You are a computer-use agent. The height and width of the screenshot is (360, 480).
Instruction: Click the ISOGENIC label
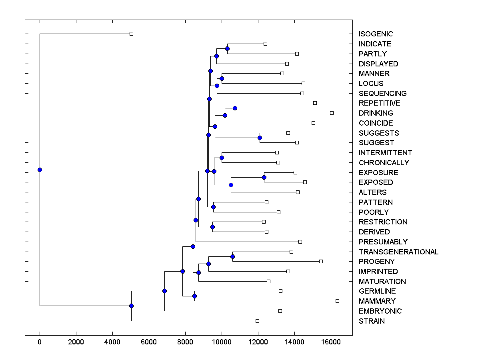point(376,34)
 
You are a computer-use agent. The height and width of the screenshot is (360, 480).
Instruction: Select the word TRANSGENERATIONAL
point(398,252)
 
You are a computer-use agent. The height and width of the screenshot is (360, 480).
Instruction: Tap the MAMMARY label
point(377,301)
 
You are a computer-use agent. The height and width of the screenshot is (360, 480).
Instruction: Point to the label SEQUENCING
point(382,93)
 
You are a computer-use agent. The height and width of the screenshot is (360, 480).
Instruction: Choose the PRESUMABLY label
point(383,242)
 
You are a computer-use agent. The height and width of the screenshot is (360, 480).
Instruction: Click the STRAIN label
point(372,321)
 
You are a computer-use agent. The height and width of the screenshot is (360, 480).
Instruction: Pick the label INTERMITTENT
point(385,153)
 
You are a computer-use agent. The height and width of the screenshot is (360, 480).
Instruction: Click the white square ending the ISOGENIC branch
point(131,34)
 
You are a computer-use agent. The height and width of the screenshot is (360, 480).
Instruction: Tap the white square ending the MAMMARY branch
point(337,301)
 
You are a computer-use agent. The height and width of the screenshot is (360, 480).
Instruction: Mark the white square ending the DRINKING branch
point(332,113)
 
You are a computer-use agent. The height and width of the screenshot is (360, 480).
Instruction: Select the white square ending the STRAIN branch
point(257,321)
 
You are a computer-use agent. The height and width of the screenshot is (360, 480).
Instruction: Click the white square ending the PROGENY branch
point(321,261)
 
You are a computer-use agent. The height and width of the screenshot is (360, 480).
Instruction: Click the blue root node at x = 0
point(40,170)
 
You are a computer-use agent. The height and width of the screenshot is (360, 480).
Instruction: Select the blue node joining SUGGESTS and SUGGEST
point(260,138)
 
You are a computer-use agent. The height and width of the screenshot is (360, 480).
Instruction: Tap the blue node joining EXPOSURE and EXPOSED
point(264,177)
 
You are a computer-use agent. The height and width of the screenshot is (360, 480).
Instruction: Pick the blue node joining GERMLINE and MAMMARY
point(194,296)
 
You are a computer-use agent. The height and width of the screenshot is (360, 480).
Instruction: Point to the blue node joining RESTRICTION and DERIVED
point(212,227)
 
